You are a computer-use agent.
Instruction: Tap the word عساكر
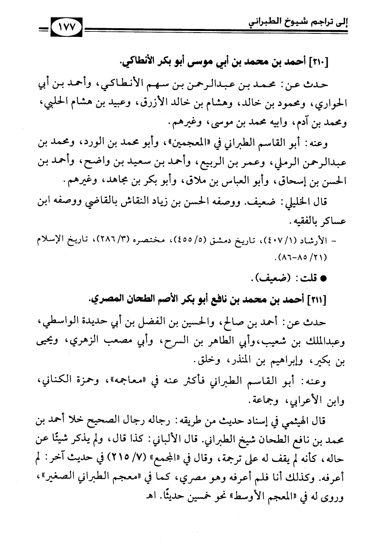click(x=331, y=221)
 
